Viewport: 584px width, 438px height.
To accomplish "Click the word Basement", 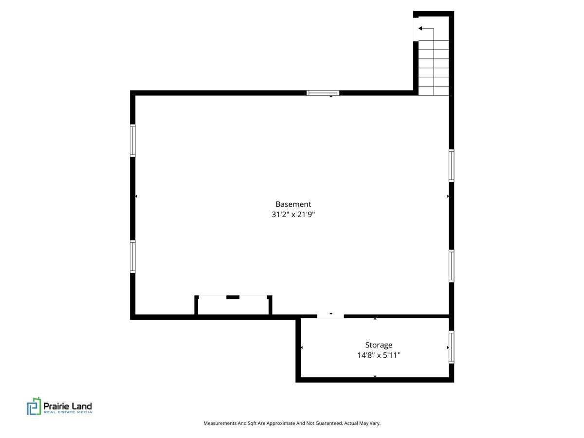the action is point(293,204).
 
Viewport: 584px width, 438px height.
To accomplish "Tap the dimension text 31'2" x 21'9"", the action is point(293,214).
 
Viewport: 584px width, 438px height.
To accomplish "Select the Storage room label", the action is point(378,345).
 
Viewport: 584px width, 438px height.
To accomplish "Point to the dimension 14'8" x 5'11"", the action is point(379,355).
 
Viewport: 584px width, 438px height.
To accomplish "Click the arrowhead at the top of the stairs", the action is point(420,28).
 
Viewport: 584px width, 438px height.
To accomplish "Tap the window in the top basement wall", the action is point(323,93).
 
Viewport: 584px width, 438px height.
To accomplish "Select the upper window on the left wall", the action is point(132,141).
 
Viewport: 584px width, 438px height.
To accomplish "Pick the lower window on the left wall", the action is point(132,256).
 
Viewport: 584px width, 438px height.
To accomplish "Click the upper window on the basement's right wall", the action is point(451,165).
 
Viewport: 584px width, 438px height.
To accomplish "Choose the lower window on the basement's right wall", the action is point(451,266).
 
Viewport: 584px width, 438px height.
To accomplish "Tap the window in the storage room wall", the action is point(451,347).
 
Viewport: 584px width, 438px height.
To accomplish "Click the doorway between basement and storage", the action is point(330,316).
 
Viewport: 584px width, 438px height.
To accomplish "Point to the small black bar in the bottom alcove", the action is point(233,297).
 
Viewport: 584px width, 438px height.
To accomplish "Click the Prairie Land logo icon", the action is point(34,406).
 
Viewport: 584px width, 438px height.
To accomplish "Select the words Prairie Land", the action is point(68,406).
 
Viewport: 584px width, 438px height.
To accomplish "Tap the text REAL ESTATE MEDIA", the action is point(68,412).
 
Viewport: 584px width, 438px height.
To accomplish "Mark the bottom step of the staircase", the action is point(434,91).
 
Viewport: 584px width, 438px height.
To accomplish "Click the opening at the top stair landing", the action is point(416,29).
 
